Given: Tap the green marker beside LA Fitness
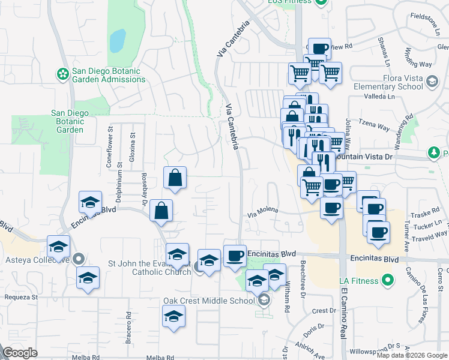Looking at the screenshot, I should point(388,280).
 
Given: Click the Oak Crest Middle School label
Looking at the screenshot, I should point(209,301).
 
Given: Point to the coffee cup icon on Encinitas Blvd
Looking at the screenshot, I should point(235,255).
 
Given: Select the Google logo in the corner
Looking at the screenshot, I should point(20,353).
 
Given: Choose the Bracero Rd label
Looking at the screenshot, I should point(128,323).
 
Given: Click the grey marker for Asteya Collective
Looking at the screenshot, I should point(79,259).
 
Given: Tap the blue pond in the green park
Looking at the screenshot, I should point(118,40).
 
